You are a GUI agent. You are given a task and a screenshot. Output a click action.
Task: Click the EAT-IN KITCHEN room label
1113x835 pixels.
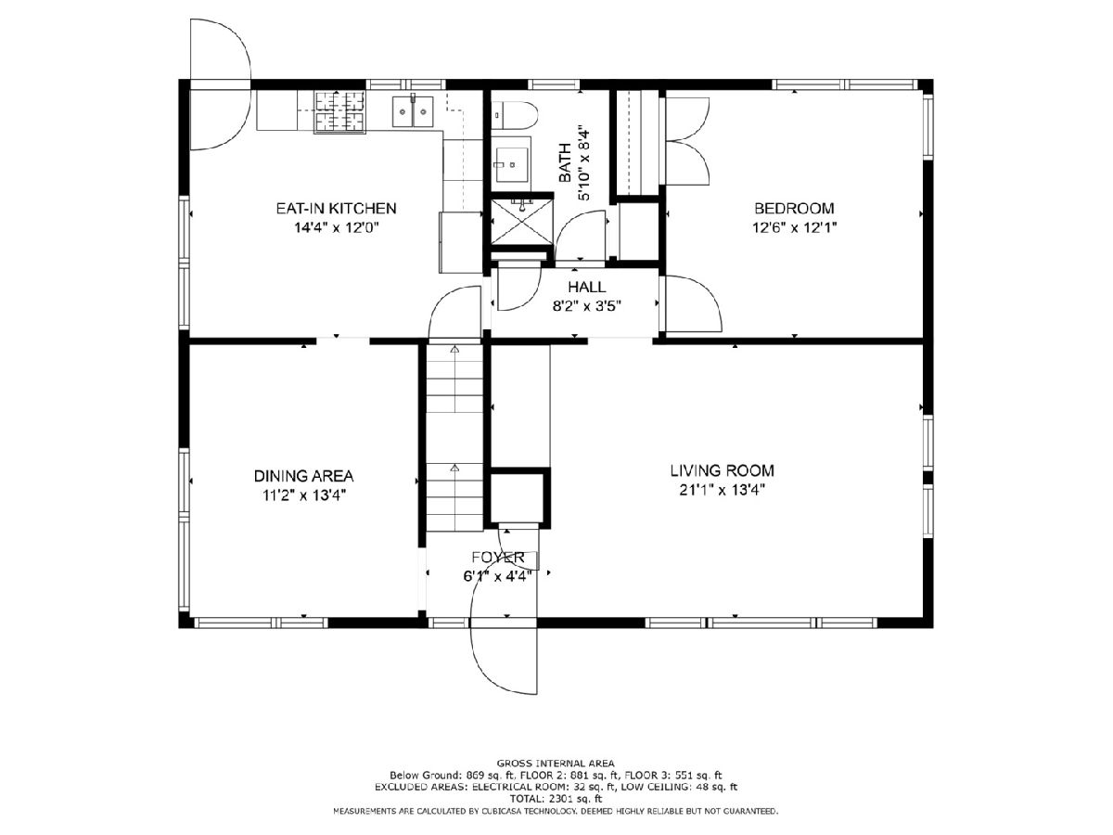(336, 209)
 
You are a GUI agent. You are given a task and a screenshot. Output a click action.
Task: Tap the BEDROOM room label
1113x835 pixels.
(794, 209)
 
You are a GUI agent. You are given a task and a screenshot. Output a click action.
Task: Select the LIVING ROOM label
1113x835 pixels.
(722, 470)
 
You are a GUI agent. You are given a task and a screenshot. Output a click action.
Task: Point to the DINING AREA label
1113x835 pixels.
(303, 476)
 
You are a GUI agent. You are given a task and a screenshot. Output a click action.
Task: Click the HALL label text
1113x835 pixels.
(587, 287)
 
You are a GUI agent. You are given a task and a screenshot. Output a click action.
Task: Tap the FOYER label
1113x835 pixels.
(498, 558)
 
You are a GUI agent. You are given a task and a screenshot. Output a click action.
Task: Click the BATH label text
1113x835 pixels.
(565, 162)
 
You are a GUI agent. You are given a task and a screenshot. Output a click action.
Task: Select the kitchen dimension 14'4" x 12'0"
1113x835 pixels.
(337, 227)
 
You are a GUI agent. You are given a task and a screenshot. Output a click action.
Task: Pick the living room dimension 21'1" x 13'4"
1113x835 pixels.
(722, 490)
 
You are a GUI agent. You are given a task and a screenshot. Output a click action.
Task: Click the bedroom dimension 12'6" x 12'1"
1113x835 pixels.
(794, 227)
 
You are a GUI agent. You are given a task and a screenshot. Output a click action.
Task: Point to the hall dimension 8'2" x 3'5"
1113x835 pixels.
(587, 306)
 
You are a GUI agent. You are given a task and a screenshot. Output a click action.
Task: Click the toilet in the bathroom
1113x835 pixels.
(514, 115)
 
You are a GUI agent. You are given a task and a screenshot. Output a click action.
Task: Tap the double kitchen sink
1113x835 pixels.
(413, 111)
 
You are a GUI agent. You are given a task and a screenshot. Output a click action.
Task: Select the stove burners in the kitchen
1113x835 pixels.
(339, 112)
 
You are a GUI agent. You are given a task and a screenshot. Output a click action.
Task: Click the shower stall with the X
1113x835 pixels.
(520, 222)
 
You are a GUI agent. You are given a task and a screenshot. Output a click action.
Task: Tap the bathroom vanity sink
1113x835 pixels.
(512, 164)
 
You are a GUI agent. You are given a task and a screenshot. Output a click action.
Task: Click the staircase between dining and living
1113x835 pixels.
(454, 438)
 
